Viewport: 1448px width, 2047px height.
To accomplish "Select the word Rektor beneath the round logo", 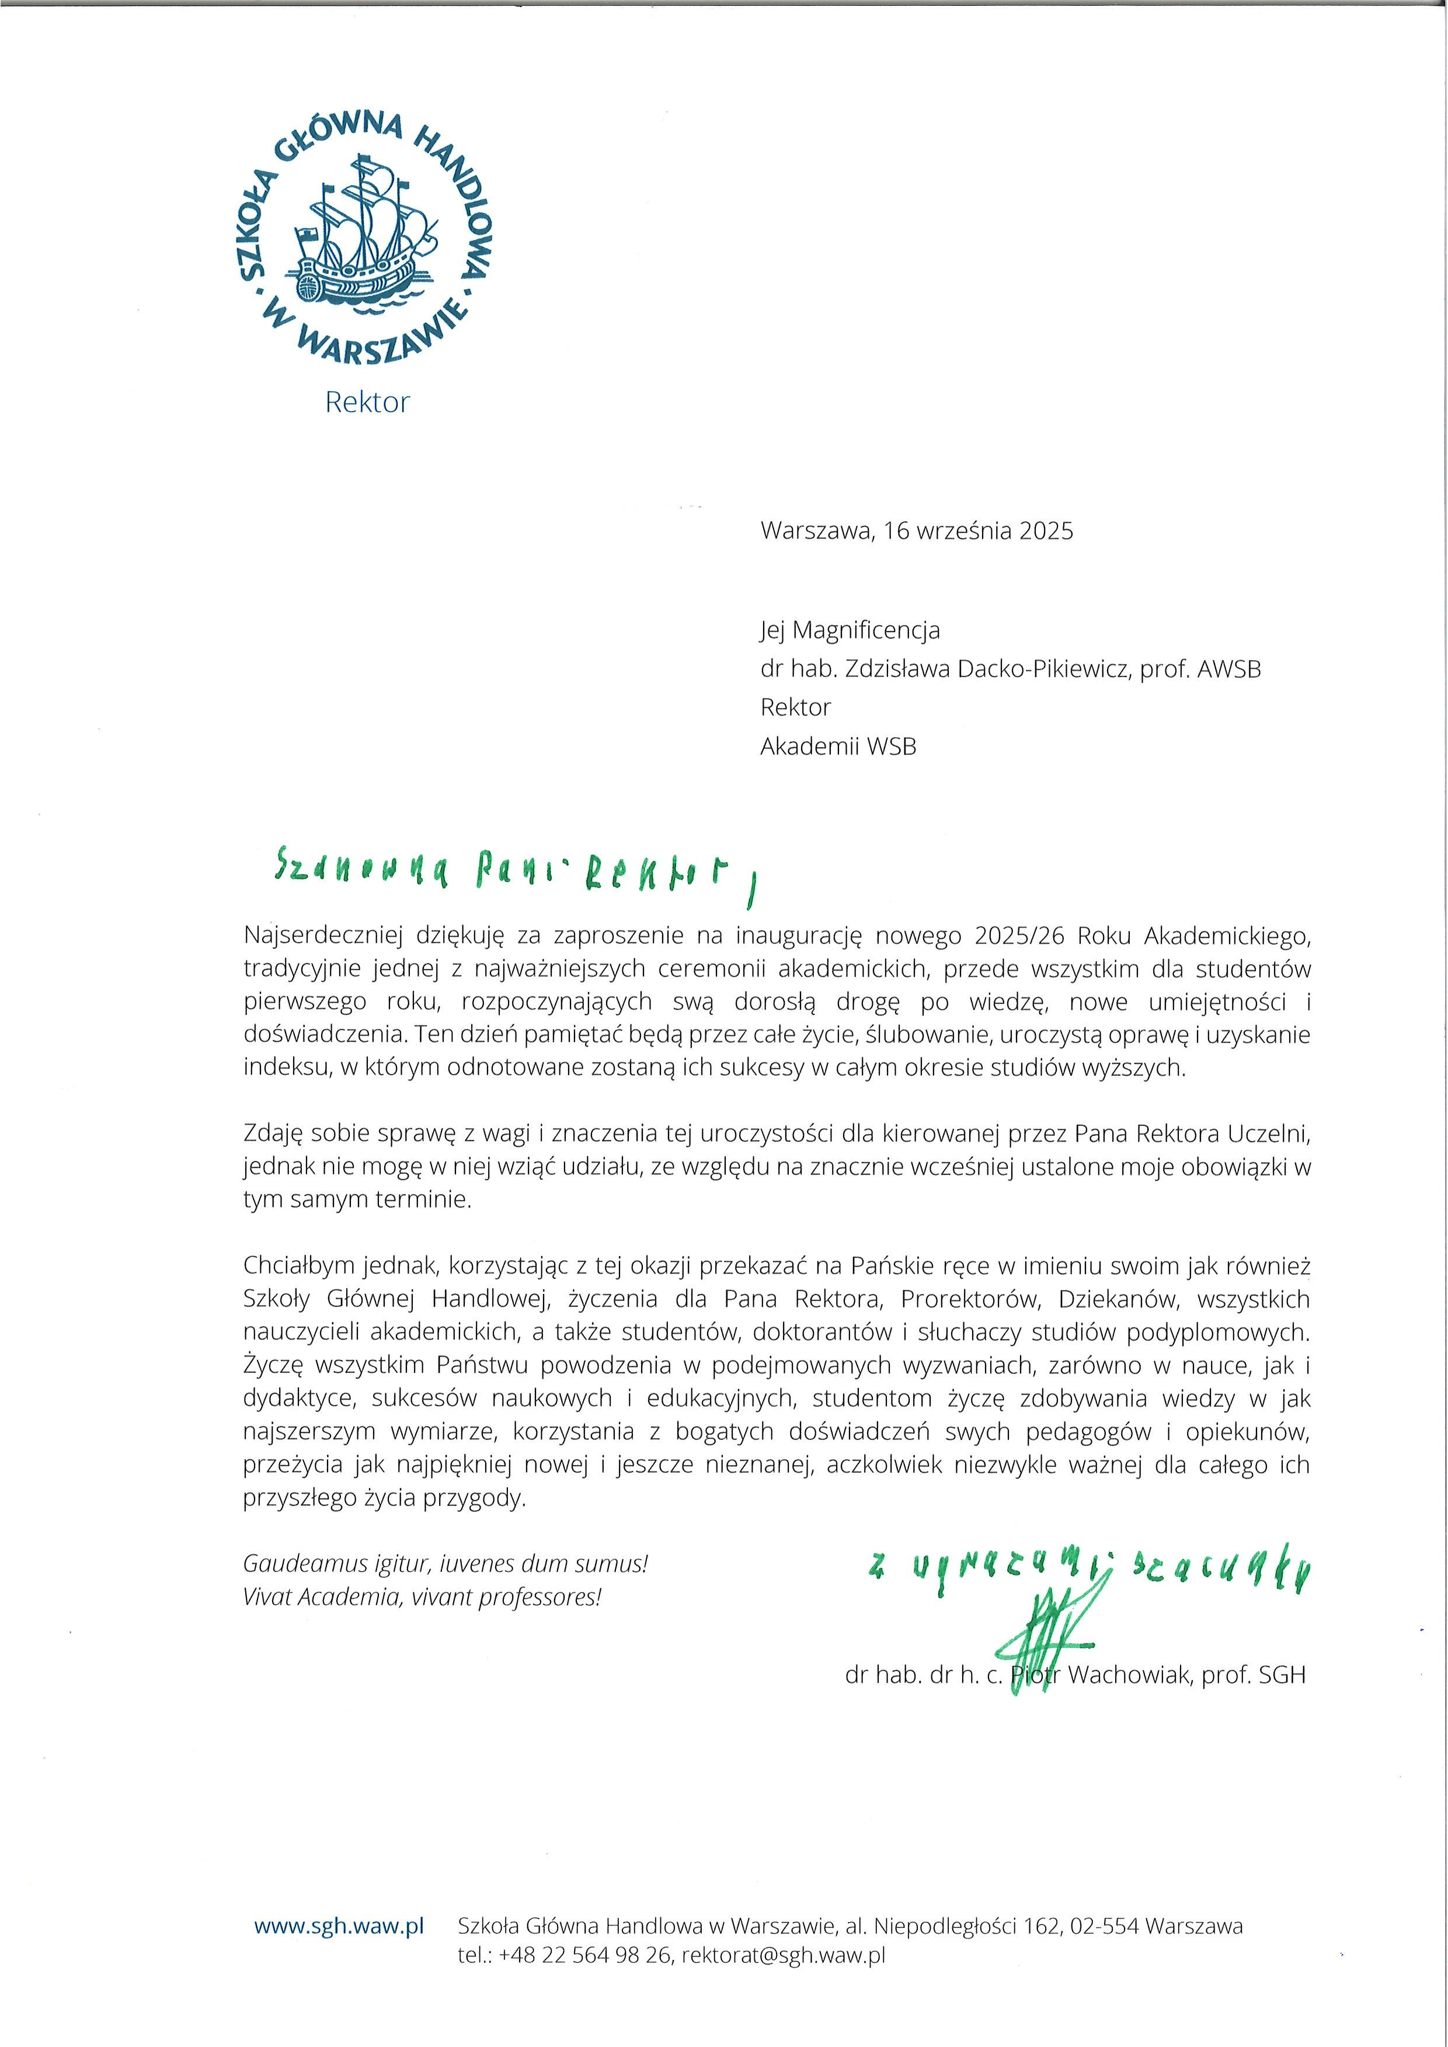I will pyautogui.click(x=367, y=402).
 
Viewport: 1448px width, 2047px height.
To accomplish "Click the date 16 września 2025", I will pyautogui.click(x=978, y=531).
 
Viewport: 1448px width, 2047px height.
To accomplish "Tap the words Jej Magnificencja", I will pyautogui.click(x=850, y=630).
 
